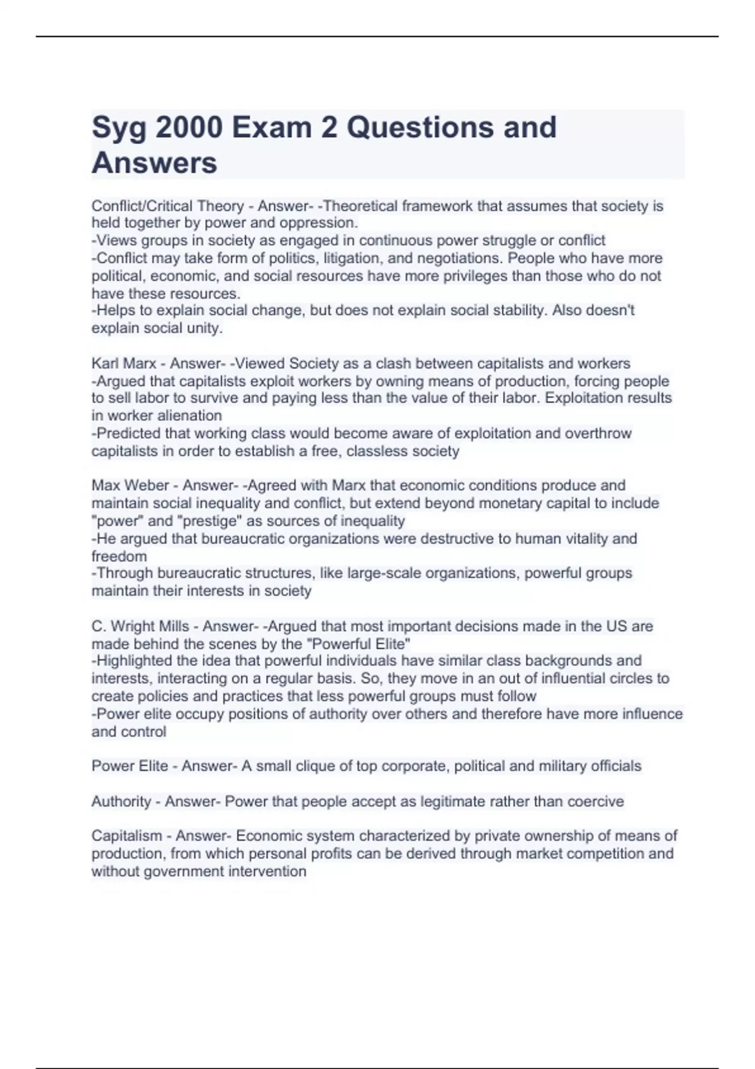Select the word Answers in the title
[154, 163]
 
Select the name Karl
[105, 363]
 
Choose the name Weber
[145, 485]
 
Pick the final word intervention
[269, 872]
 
